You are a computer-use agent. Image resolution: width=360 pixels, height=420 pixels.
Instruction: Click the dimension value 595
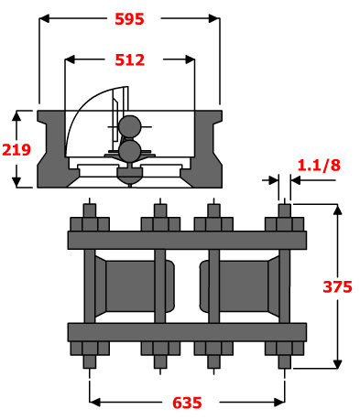click(129, 19)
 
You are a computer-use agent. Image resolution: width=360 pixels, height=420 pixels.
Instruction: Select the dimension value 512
click(129, 59)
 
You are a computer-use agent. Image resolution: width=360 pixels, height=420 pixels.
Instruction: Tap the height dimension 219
click(16, 149)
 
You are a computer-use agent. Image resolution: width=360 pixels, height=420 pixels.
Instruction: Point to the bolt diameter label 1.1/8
click(319, 165)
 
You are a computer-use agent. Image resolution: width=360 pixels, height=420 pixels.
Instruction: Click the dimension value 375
click(337, 286)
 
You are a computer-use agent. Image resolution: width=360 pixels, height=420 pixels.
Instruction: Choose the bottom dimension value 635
click(187, 403)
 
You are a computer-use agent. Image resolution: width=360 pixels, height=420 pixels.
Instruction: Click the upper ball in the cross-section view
click(130, 126)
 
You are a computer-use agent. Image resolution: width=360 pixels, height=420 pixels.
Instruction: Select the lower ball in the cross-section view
click(130, 151)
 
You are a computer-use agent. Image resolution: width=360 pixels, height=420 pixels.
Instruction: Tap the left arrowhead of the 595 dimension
click(44, 18)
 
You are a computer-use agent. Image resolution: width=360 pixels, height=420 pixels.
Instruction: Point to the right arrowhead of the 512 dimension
click(191, 59)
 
